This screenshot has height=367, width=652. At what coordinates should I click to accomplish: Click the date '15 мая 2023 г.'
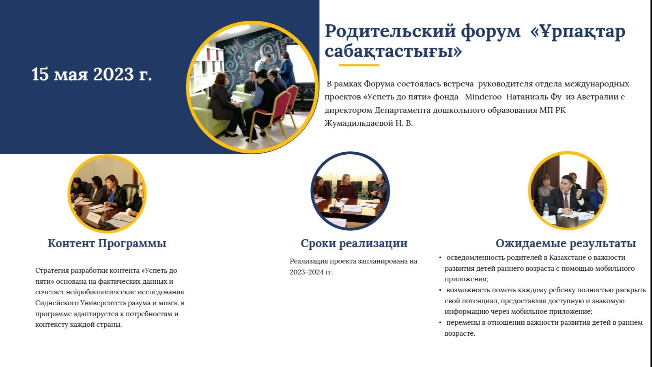click(x=92, y=74)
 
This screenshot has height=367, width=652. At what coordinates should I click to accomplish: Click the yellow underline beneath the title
click(x=359, y=65)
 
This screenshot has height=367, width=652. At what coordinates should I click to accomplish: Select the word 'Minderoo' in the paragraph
click(x=483, y=97)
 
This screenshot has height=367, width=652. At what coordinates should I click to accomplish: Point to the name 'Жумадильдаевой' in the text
click(x=359, y=123)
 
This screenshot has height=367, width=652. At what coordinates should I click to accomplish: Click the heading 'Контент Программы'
click(x=107, y=244)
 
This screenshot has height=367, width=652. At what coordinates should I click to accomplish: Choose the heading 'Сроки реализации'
click(x=354, y=244)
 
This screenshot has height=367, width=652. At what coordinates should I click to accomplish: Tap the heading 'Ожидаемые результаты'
click(x=566, y=244)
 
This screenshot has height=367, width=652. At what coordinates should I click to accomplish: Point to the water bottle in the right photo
click(x=546, y=210)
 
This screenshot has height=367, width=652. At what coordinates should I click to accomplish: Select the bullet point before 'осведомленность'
click(x=440, y=258)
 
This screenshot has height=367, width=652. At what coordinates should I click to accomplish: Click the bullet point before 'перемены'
click(x=440, y=323)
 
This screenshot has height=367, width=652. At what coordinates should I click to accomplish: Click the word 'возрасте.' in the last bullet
click(x=460, y=334)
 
